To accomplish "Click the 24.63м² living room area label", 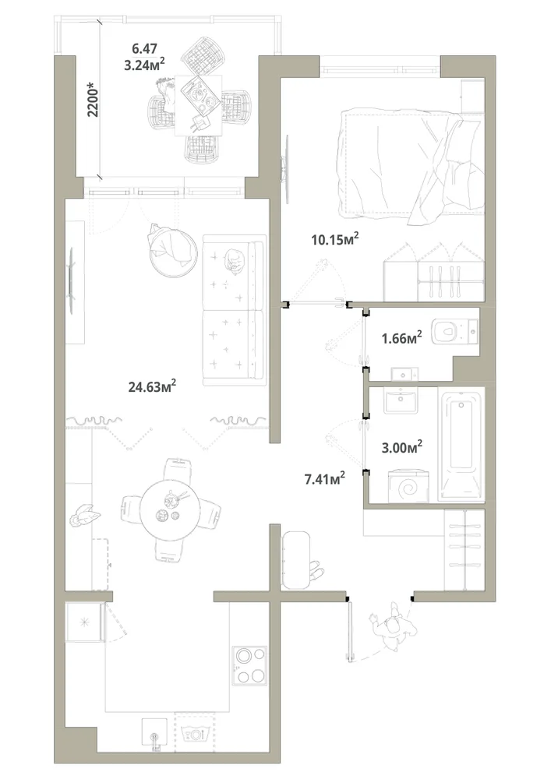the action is [153, 386].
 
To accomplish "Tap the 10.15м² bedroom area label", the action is [335, 239].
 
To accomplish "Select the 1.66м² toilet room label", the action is [401, 338].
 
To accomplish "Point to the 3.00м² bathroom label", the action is [401, 447].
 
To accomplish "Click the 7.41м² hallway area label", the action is [324, 479].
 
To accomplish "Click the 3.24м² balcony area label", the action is [144, 64].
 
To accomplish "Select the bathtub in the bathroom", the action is [461, 444].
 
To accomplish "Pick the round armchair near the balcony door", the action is [172, 252].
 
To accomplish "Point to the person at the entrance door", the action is [393, 626].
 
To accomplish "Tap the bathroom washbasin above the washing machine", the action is [401, 400].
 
